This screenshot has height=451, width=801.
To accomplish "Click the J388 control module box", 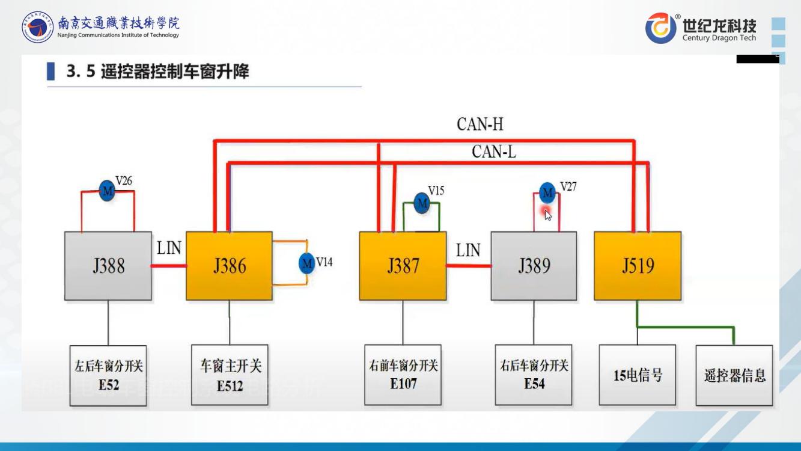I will (108, 266).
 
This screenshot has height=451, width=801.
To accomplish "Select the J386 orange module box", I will (229, 266).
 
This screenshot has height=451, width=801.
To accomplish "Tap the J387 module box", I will (403, 266).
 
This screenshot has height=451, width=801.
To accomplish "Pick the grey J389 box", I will (534, 266).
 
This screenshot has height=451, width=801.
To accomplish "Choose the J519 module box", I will (638, 266).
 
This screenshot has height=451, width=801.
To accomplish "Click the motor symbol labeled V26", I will (107, 191).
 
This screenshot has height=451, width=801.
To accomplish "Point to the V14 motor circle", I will (307, 263).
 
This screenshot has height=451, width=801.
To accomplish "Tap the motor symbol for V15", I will (422, 203).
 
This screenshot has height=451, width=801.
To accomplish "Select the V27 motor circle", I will (547, 192).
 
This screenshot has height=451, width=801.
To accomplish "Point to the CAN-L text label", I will (493, 152).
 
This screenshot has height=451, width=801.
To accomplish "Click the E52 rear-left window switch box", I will (108, 375).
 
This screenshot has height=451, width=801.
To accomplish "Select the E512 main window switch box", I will (230, 375).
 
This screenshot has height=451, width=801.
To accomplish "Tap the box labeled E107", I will (403, 375).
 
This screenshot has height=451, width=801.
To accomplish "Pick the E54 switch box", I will (534, 375).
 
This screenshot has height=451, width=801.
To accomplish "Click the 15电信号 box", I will (638, 375).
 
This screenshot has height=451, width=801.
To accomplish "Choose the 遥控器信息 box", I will (734, 375).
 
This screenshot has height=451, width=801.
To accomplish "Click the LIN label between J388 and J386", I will (169, 248).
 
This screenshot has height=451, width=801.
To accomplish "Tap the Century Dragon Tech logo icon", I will (660, 28).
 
